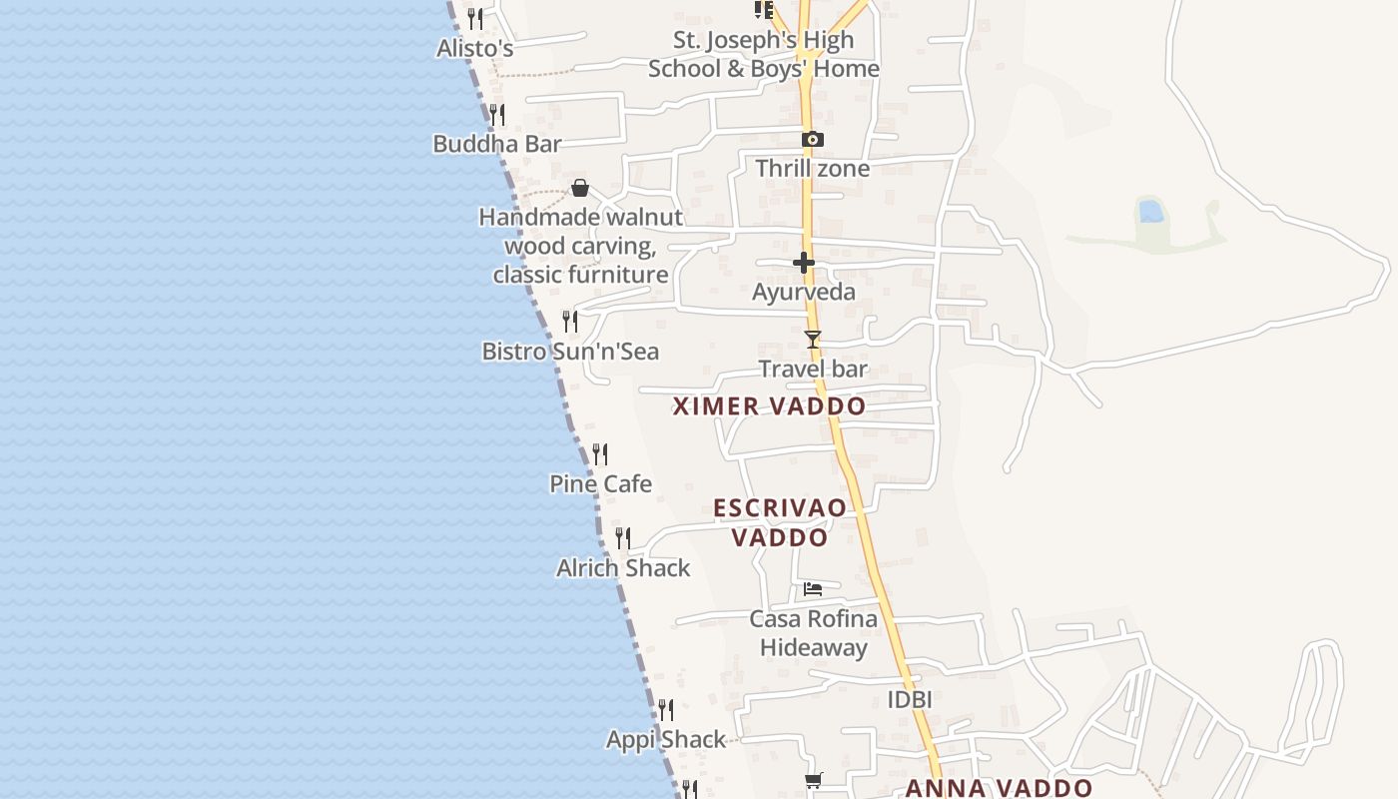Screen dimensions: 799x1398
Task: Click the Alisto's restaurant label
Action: point(475,48)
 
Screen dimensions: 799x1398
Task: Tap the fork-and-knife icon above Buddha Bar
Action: point(497,115)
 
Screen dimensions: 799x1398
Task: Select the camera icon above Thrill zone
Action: point(813,140)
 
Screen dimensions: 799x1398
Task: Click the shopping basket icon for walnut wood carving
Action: point(580,189)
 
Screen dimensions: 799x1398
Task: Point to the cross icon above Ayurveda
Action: point(804,263)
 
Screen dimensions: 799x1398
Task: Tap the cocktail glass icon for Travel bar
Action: point(813,340)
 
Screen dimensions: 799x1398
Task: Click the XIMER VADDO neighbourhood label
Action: point(769,406)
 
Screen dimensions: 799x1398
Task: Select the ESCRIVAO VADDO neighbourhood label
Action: point(780,522)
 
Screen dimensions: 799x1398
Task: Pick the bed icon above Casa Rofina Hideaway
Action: point(813,589)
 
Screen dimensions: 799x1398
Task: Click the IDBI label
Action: point(910,700)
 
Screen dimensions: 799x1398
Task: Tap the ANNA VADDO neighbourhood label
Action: point(999,788)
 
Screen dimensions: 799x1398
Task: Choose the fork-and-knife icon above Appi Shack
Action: point(665,710)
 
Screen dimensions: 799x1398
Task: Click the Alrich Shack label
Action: point(623,568)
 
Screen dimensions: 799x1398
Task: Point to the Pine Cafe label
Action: point(601,484)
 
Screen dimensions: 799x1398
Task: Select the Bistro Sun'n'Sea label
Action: point(570,352)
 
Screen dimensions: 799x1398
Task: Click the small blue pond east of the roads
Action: point(1150,211)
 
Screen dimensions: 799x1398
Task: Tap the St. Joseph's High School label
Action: point(764,54)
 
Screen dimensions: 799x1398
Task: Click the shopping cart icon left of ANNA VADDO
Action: point(814,781)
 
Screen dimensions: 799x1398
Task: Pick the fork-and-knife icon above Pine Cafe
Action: point(600,454)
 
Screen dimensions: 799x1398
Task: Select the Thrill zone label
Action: point(813,169)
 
